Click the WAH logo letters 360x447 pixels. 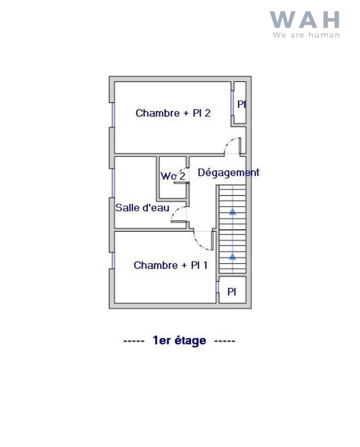(x=305, y=20)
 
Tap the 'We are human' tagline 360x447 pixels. (x=306, y=35)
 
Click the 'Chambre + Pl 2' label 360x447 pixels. (x=173, y=113)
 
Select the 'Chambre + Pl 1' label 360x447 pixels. (x=171, y=265)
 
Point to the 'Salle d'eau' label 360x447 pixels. (x=142, y=208)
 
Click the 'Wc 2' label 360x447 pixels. (x=173, y=176)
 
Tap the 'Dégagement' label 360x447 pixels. (x=228, y=173)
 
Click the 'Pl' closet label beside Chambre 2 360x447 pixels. (x=241, y=104)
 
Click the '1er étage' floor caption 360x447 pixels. (x=179, y=340)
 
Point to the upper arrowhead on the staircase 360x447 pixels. (x=232, y=211)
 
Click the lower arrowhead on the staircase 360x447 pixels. (x=232, y=256)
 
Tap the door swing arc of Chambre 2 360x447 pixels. (x=229, y=143)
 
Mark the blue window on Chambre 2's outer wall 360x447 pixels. (x=113, y=115)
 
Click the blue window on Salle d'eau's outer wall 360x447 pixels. (x=113, y=182)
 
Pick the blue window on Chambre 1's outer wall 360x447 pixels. (x=113, y=260)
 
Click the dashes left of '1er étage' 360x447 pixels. (x=134, y=340)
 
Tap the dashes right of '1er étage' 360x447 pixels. (x=224, y=340)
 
